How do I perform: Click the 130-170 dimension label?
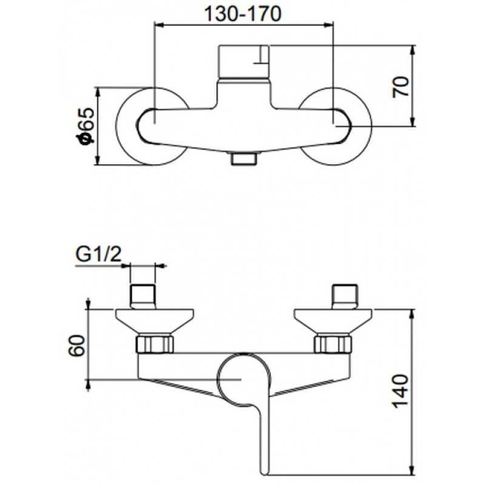coord(243,14)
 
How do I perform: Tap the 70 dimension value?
coord(401,87)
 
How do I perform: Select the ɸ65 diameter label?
coord(85,126)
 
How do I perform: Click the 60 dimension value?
coord(76,346)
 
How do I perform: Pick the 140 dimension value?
coord(401,391)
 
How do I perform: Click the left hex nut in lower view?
coord(155,343)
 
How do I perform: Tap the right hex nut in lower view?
coord(333,343)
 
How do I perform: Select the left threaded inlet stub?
coord(142,296)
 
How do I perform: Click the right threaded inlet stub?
coord(344,296)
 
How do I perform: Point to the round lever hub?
coord(244,380)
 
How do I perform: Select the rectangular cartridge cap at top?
coord(244,62)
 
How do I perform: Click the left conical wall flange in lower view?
coord(155,321)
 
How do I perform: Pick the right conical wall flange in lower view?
coord(333,321)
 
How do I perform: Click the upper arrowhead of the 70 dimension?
coord(412,50)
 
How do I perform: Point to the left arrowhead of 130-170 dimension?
coord(159,26)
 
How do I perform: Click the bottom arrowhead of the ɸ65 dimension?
coord(98,160)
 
